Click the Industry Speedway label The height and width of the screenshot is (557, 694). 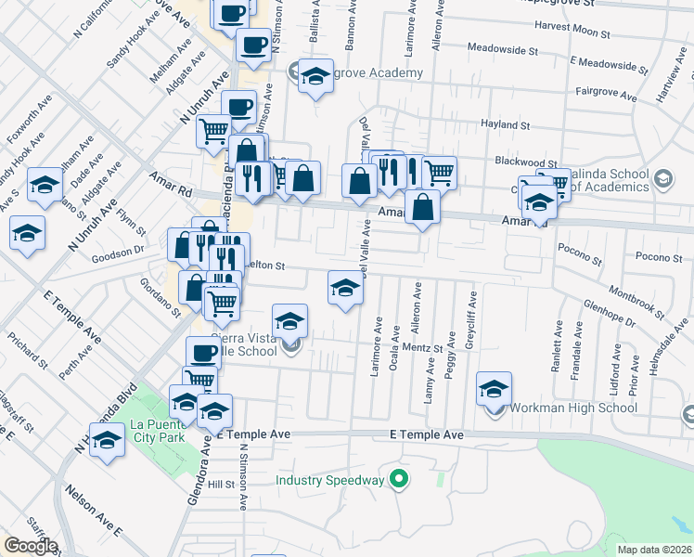tap(329, 480)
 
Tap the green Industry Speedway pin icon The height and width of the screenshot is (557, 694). tap(399, 480)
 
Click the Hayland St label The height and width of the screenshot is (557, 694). tap(504, 124)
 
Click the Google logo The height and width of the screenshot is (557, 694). tap(30, 546)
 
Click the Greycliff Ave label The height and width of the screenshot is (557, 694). tap(472, 316)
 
